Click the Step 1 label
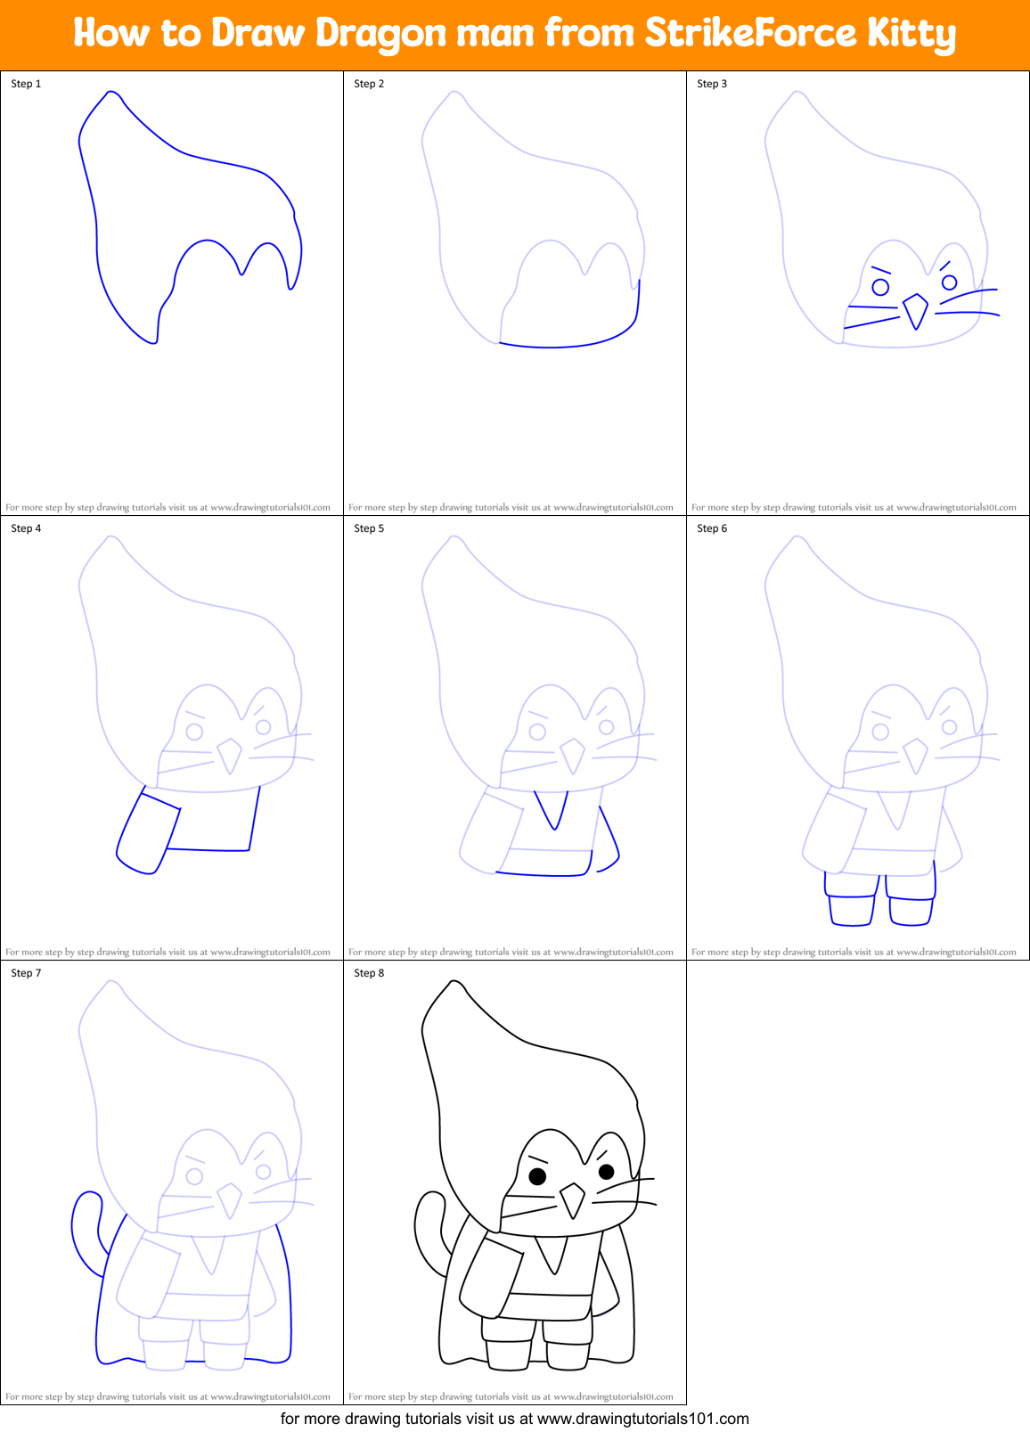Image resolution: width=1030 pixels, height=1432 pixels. click(x=26, y=84)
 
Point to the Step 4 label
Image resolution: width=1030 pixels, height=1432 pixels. click(x=26, y=528)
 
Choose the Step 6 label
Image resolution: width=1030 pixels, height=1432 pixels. click(x=712, y=528)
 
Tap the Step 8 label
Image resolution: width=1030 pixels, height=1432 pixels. click(x=369, y=973)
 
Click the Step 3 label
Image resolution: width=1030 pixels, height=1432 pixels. click(x=712, y=84)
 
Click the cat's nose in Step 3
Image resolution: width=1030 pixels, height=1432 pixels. click(x=915, y=310)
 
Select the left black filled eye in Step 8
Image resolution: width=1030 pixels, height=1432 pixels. click(x=537, y=1176)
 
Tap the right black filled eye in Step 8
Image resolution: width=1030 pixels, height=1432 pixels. click(x=606, y=1171)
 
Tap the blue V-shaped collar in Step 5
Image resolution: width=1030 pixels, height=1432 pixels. click(x=553, y=809)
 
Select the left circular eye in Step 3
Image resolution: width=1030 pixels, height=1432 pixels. click(x=880, y=287)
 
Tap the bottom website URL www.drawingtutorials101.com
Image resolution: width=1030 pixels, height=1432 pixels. click(x=642, y=1419)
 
